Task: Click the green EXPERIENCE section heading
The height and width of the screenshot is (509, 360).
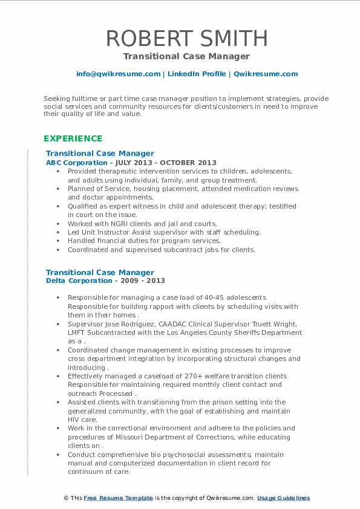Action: pyautogui.click(x=73, y=138)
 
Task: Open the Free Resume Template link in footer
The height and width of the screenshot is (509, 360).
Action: pyautogui.click(x=118, y=498)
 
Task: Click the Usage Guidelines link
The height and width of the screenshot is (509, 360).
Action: pyautogui.click(x=283, y=498)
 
